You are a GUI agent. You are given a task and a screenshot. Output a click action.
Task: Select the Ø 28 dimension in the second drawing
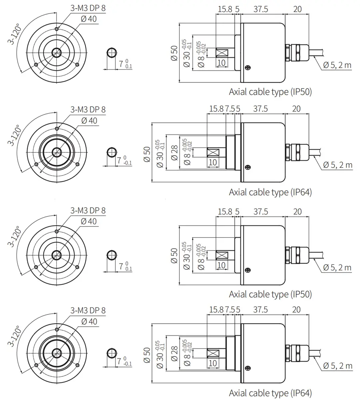pos(174,152)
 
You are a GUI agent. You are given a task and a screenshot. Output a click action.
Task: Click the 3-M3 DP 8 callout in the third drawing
pos(88,210)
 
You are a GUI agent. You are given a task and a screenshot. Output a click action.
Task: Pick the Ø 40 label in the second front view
pos(89,120)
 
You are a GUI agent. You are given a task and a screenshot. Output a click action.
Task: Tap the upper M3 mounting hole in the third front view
pos(57,231)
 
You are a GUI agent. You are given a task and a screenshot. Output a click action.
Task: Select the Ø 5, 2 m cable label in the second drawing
pos(338,165)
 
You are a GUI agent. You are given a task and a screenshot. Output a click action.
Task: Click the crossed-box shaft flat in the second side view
pos(213,152)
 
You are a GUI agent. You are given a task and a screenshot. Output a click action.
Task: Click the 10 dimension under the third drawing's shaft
pos(221,265)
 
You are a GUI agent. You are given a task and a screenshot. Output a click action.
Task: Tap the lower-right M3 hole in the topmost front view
pos(78,64)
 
